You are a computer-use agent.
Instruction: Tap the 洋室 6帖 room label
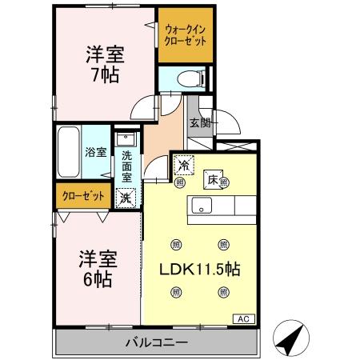pyautogui.click(x=98, y=269)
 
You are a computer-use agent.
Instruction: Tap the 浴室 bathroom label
pyautogui.click(x=96, y=151)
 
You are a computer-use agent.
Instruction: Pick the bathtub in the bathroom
pyautogui.click(x=69, y=152)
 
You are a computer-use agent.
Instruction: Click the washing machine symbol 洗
pyautogui.click(x=126, y=197)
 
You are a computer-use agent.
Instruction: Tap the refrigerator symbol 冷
pyautogui.click(x=184, y=166)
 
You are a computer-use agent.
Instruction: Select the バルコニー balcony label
pyautogui.click(x=156, y=343)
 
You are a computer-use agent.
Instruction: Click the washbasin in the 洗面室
pyautogui.click(x=125, y=141)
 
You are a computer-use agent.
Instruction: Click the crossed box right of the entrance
pyautogui.click(x=238, y=148)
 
